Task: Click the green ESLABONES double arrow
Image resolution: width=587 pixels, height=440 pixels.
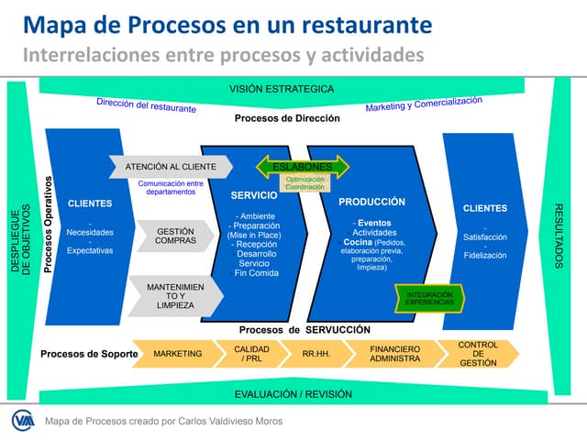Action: (303, 167)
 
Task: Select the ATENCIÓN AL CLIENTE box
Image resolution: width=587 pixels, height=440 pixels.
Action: (171, 167)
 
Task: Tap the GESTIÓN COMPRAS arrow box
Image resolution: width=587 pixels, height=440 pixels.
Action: (174, 235)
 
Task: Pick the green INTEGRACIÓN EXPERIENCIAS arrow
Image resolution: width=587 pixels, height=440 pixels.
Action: (430, 297)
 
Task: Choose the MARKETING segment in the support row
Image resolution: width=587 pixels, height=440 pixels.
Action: (176, 353)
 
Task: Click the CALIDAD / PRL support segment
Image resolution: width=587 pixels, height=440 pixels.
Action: (251, 353)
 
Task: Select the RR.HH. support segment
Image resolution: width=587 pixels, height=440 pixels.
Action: (316, 353)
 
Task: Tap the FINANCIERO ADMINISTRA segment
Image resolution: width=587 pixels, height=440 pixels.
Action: (394, 353)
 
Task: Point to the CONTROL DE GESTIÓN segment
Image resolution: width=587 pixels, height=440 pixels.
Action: (478, 353)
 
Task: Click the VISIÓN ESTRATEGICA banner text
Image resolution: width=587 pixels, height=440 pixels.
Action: (281, 89)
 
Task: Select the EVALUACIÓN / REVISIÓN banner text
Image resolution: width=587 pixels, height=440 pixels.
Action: (281, 393)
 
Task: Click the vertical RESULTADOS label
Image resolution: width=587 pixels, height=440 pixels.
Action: (559, 236)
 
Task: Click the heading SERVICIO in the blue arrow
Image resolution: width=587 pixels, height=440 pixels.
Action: (254, 196)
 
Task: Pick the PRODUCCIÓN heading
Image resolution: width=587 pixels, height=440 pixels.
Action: (371, 202)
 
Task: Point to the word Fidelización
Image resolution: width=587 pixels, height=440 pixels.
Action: (484, 255)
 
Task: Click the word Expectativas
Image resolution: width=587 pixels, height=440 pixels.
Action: (90, 249)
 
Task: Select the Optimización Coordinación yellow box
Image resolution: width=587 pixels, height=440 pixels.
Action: (305, 183)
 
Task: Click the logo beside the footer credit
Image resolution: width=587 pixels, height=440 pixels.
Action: (22, 421)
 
